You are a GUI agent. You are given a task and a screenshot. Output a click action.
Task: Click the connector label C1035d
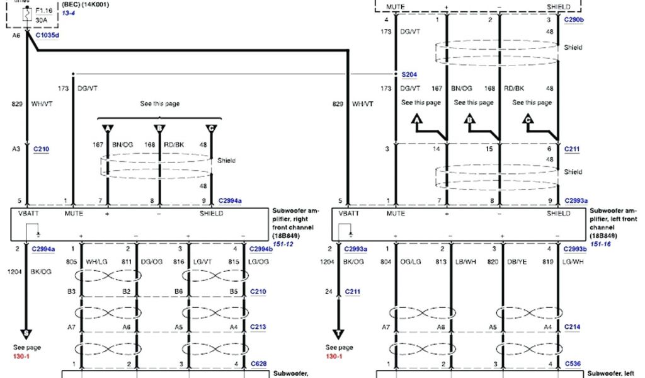[47, 35]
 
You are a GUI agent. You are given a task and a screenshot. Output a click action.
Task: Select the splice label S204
[409, 74]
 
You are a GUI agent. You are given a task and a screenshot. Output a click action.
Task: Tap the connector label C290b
[574, 20]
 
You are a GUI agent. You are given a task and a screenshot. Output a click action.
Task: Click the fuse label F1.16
[44, 11]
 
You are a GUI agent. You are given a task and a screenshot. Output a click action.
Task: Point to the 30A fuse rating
[42, 20]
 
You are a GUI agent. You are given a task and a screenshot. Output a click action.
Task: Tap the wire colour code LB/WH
[467, 261]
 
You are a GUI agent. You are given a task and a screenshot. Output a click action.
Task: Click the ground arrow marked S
[26, 333]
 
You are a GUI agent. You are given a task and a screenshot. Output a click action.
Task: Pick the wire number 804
[387, 261]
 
